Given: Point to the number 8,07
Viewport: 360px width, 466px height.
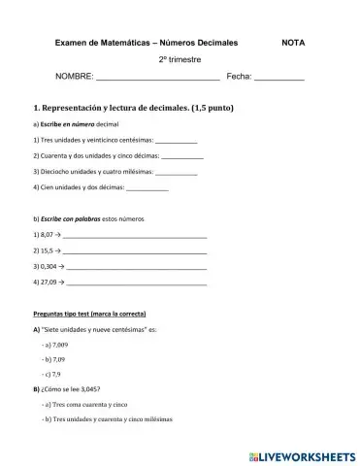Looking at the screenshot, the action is [43, 235].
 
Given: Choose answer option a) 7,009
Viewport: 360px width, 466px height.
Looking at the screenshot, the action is [55, 345].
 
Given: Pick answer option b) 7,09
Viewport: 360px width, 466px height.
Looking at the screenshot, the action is [54, 359].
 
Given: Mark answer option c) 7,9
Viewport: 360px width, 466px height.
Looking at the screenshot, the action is [52, 374].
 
